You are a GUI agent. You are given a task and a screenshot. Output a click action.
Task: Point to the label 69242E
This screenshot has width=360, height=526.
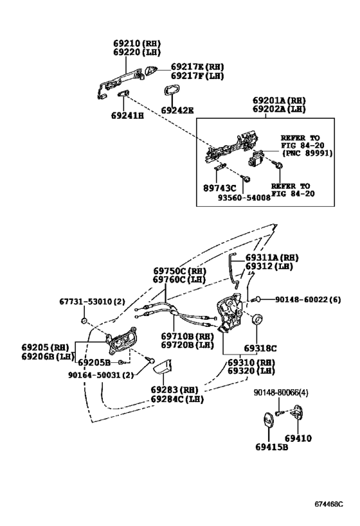pos(177,110)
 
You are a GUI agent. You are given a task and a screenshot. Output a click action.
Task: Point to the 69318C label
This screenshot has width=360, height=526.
pos(260,348)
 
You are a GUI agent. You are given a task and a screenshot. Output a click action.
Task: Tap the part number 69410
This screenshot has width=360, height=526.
pos(298,438)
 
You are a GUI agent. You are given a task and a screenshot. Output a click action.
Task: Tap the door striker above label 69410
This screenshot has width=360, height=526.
pos(299,416)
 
